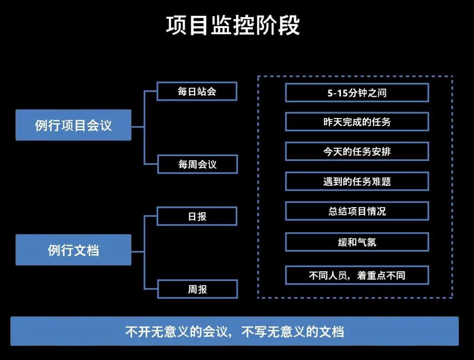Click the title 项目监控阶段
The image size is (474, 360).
coord(233,26)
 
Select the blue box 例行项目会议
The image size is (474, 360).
coord(73,125)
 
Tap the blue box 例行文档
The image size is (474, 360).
coord(73,250)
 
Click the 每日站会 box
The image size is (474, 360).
coord(197,91)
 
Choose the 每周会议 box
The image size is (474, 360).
coord(197,164)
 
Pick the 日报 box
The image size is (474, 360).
coord(197,216)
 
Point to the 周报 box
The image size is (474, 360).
coord(197,289)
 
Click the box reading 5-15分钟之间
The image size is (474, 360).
coord(356,93)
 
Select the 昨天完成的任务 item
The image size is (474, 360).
coord(356,122)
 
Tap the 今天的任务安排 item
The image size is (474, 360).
coord(356,152)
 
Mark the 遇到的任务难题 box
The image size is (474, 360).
coord(356,182)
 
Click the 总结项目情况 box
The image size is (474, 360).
coord(356,211)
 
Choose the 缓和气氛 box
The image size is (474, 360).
coord(356,242)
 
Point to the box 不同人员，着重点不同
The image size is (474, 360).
coord(356,275)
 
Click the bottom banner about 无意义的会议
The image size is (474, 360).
coord(234,331)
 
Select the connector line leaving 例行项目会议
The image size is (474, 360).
coord(138,127)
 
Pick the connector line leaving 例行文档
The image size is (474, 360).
coord(138,252)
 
